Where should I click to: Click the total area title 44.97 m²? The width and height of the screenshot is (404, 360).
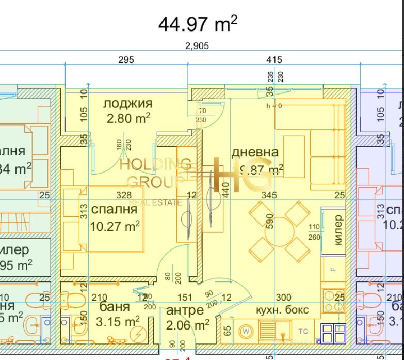[x=198, y=24]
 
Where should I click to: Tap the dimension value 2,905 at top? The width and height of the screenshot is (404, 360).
[x=197, y=46]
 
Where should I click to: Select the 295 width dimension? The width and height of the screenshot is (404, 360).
[x=126, y=60]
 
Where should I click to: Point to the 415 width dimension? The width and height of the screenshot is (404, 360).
[x=274, y=60]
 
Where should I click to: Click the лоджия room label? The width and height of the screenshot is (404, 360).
[x=128, y=103]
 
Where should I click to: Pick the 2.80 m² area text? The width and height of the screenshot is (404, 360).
[x=128, y=119]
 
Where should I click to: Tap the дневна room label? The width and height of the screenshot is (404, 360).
[x=255, y=152]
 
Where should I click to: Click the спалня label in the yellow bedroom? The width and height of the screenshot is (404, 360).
[x=114, y=209]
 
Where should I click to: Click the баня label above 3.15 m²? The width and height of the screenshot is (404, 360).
[x=114, y=307]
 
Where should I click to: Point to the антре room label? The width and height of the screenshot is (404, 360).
[x=185, y=310]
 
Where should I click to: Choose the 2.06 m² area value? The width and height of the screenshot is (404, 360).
[x=187, y=324]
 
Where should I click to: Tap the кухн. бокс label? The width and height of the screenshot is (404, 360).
[x=282, y=310]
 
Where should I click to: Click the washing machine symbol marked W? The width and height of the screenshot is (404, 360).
[x=246, y=331]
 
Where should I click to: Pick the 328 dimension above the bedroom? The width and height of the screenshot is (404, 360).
[x=124, y=195]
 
